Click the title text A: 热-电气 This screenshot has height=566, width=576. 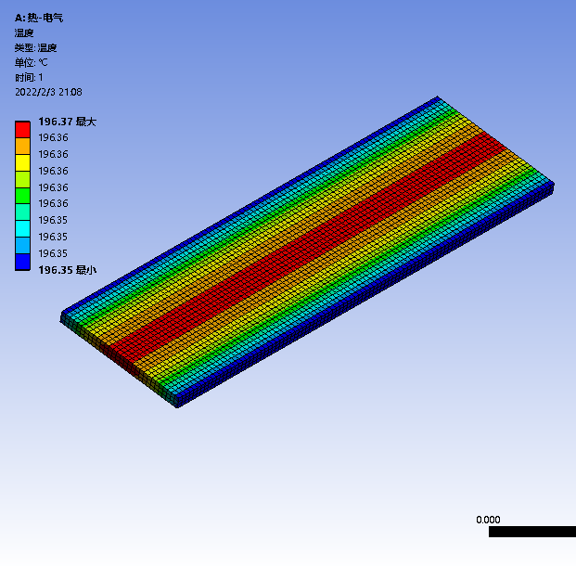coord(39,18)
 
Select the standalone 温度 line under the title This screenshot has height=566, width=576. coord(24,32)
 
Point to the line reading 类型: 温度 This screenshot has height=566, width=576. coord(35,47)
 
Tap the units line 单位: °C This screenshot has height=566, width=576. coord(32,62)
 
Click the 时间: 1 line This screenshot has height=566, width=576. coord(29,77)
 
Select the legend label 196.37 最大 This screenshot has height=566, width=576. coord(67,122)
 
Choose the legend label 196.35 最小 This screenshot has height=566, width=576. coord(67,270)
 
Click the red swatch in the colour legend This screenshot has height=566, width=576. coord(22,130)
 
